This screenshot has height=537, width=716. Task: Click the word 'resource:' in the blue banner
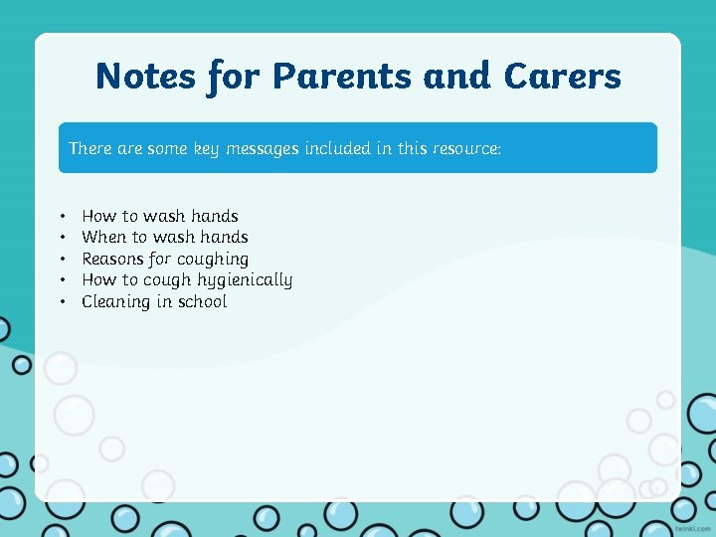(466, 148)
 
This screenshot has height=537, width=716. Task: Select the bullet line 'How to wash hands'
(160, 216)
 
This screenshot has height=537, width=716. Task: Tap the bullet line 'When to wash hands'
(165, 237)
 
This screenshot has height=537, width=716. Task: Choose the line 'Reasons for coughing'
(165, 259)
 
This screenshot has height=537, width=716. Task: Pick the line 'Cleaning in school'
(154, 301)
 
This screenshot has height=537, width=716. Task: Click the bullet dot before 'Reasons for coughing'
(62, 259)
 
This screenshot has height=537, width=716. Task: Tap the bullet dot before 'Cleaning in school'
(62, 301)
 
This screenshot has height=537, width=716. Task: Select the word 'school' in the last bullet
(202, 301)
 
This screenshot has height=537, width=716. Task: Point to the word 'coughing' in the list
(215, 259)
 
